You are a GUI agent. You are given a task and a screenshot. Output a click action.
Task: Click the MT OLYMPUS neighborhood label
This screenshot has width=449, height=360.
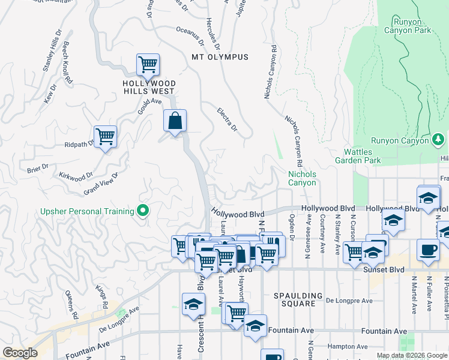(220, 57)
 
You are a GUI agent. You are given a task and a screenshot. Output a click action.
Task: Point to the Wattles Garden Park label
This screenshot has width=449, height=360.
(363, 156)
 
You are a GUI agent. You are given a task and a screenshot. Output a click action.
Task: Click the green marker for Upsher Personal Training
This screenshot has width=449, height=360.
(143, 211)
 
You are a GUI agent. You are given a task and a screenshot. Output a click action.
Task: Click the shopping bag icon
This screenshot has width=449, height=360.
(175, 121)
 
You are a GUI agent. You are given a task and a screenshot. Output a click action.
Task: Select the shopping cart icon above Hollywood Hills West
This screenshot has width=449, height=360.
(147, 64)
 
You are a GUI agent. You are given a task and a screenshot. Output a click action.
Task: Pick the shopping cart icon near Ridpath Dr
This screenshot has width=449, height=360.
(105, 137)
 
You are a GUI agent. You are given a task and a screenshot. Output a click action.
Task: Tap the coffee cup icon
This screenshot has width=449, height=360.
(428, 250)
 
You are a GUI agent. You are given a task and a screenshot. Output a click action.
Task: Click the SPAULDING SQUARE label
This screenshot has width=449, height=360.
(294, 299)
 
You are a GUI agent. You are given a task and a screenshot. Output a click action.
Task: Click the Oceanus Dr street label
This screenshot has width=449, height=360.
(190, 35)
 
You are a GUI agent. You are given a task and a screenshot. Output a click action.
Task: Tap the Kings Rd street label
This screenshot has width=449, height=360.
(101, 297)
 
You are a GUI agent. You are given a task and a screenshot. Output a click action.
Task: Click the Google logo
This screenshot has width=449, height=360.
(20, 353)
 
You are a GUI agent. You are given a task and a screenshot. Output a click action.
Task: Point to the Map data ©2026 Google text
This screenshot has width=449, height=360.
(412, 355)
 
